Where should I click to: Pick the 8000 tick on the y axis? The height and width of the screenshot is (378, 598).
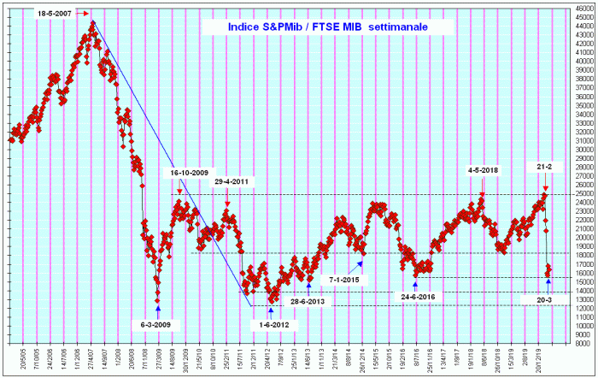tap(583, 344)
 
